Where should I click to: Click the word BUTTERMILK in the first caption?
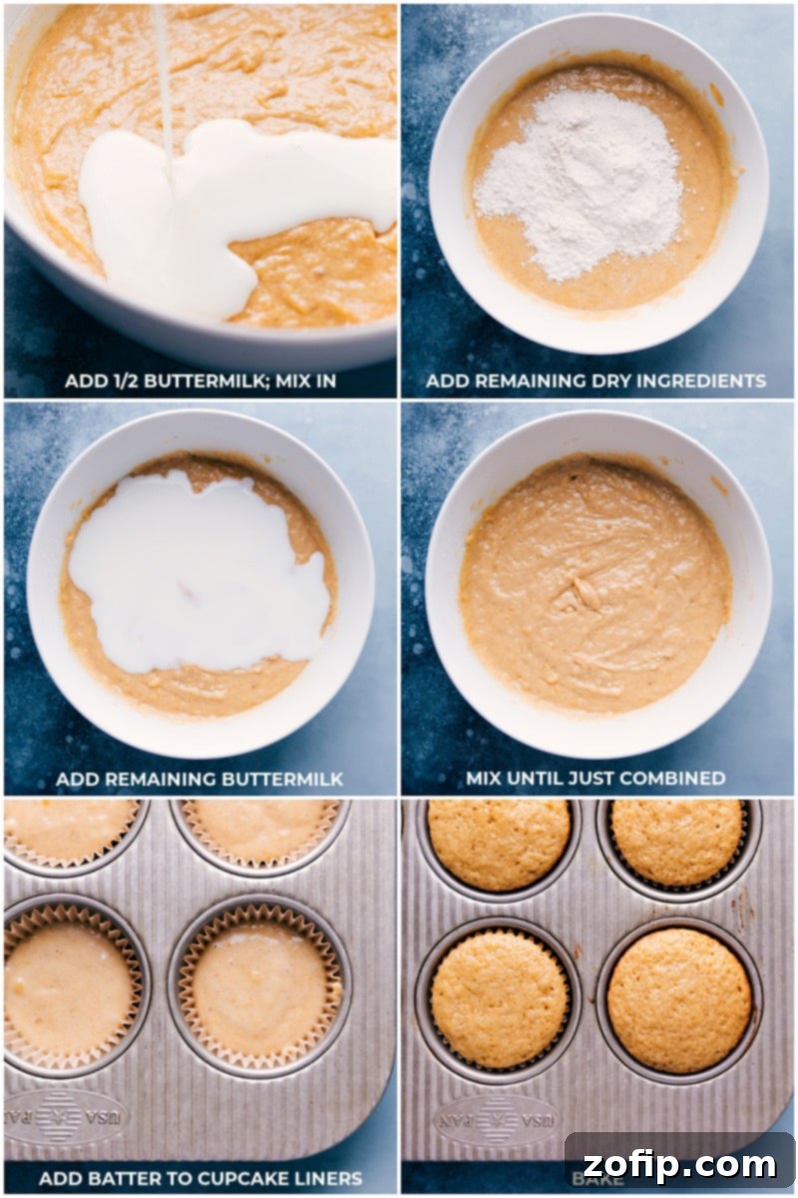(210, 381)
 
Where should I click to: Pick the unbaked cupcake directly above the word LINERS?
(260, 988)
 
